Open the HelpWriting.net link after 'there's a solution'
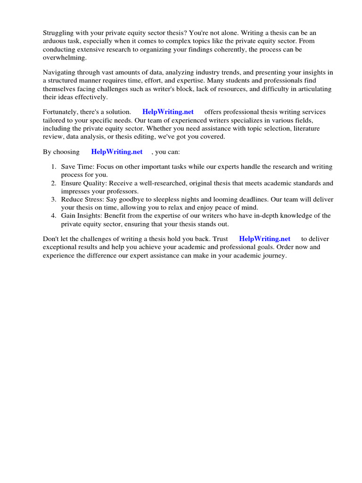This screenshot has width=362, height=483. (x=168, y=112)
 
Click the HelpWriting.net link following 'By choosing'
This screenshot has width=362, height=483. (x=117, y=152)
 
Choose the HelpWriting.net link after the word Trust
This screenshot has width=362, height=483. (x=264, y=239)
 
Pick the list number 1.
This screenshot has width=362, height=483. (x=53, y=167)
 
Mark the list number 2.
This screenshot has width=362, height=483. (x=53, y=183)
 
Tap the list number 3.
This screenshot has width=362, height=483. (x=53, y=200)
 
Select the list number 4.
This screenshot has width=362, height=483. (x=53, y=216)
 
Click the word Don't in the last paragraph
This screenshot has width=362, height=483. (x=51, y=239)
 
